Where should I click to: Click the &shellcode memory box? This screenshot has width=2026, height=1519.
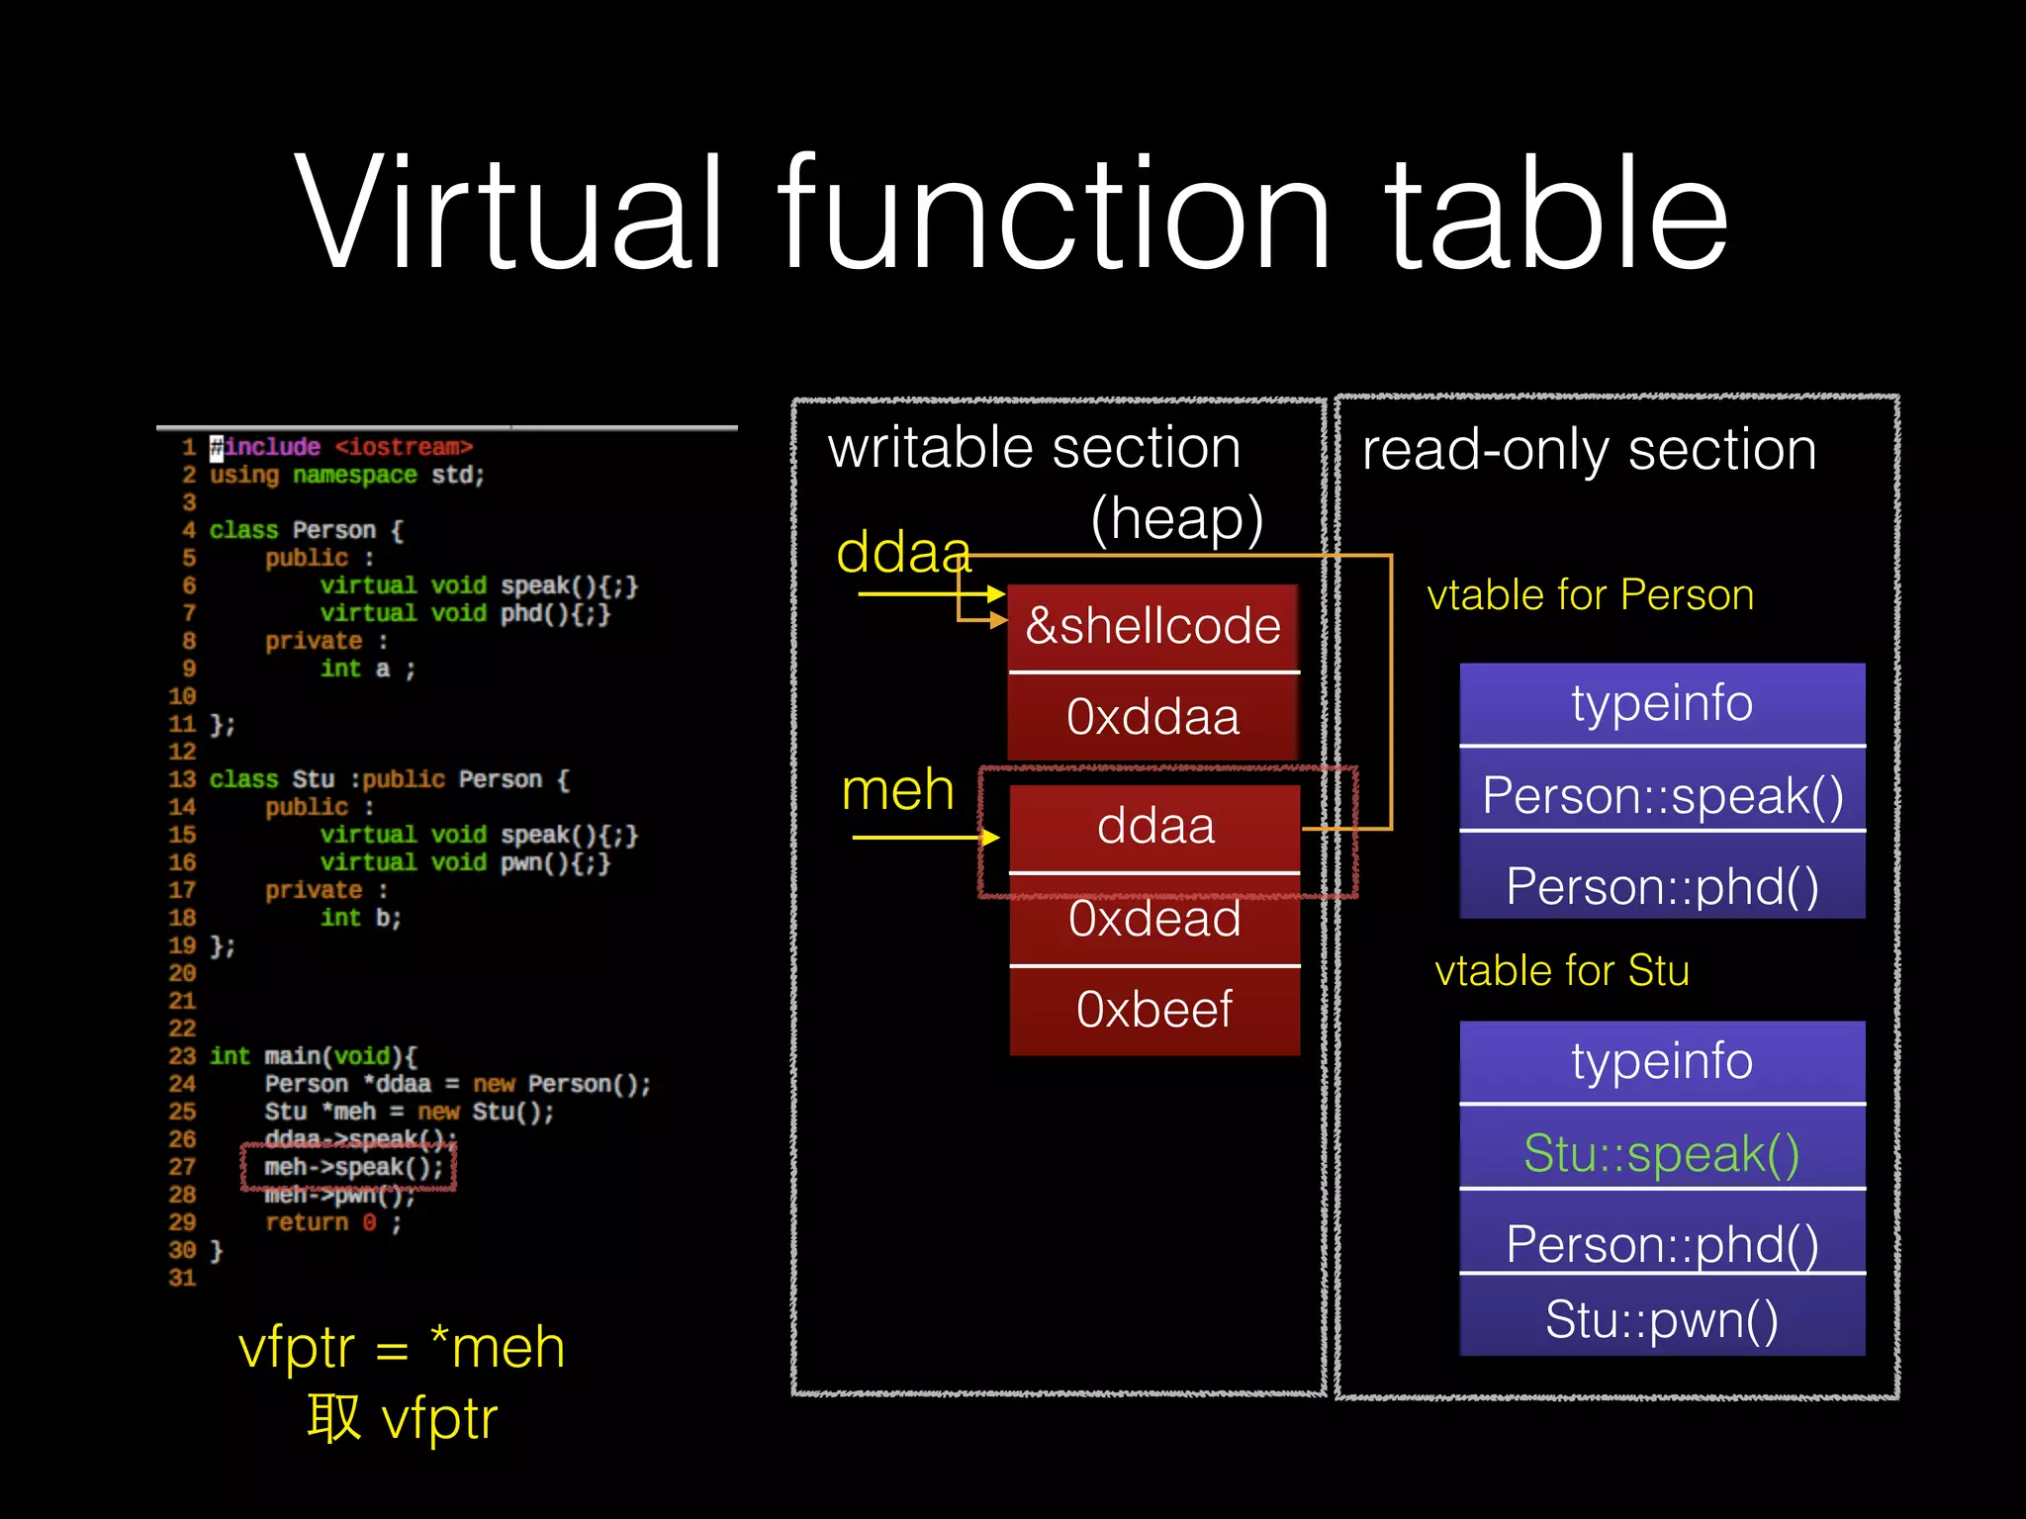tap(1153, 627)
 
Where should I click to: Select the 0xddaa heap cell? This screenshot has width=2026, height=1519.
tap(1153, 717)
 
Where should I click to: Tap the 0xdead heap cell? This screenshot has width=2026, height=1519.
tap(1154, 919)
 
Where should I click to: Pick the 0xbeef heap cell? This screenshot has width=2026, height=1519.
tap(1154, 1010)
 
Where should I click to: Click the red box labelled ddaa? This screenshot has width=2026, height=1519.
tap(1154, 827)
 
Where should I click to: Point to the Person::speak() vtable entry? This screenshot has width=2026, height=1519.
tap(1662, 795)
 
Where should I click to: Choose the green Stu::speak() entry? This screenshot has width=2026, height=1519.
tap(1662, 1153)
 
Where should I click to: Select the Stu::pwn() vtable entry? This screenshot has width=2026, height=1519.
tap(1662, 1318)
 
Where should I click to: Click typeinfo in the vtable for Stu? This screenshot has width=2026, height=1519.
tap(1662, 1062)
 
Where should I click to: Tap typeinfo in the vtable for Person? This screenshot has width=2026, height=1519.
tap(1662, 703)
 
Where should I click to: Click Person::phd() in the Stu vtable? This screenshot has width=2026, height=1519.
tap(1662, 1243)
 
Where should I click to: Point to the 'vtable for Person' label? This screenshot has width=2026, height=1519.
tap(1590, 595)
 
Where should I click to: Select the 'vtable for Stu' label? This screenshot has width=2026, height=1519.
tap(1562, 971)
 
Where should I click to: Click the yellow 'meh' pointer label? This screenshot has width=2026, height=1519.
tap(897, 790)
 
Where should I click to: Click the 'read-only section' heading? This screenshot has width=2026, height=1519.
tap(1589, 450)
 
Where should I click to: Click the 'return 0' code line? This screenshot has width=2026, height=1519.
tap(332, 1223)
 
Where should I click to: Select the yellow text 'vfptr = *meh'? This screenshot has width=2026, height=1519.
tap(402, 1347)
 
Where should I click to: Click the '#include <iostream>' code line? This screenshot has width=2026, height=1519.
tap(341, 447)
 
